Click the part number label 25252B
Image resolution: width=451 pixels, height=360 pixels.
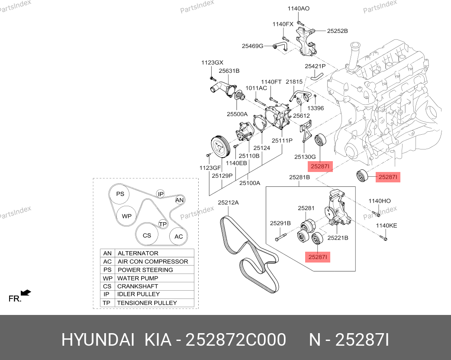coord(337,31)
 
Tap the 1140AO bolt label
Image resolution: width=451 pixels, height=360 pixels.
coord(299,9)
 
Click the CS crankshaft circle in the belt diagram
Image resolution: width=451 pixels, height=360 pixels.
coord(147,235)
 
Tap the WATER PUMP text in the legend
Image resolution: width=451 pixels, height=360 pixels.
coord(138,278)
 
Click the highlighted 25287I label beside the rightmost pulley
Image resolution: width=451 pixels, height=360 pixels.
coord(388,177)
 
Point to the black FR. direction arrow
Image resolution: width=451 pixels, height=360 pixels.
coord(26,293)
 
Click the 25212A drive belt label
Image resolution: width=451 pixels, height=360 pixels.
coord(229,203)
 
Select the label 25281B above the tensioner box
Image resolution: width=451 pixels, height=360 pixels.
coord(300,178)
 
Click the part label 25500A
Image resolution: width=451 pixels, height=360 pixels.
coord(237,114)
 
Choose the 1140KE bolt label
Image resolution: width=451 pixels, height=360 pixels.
coord(386,226)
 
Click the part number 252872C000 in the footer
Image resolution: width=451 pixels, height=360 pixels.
coord(235,340)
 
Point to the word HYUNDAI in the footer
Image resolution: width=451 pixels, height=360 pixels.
coord(98,340)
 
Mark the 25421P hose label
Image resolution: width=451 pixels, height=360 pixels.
coord(315,66)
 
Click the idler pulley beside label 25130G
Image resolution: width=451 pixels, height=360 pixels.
coord(320,140)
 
